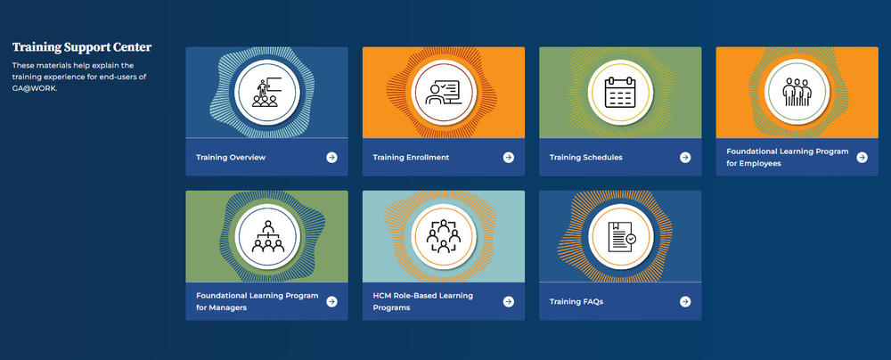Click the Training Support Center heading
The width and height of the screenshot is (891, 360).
[x=82, y=47]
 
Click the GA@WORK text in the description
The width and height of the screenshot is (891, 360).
[x=34, y=87]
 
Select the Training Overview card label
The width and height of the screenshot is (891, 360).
[x=231, y=158]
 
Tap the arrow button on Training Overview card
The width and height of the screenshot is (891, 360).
[x=331, y=158]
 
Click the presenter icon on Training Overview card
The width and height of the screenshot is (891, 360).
[x=266, y=92]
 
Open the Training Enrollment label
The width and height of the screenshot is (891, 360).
[x=411, y=158]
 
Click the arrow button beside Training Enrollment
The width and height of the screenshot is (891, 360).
[x=508, y=158]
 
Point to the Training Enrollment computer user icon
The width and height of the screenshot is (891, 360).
[x=443, y=92]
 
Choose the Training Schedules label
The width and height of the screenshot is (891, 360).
[x=585, y=158]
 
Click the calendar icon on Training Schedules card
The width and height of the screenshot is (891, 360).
[x=619, y=92]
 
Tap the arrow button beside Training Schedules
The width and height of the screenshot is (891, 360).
[x=685, y=158]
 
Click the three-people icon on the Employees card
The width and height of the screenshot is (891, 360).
[x=796, y=92]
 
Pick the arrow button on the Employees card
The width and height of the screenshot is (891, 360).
[x=862, y=158]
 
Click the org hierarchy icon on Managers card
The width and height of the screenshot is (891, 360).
[x=266, y=235]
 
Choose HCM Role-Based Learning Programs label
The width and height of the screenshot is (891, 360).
[x=422, y=301]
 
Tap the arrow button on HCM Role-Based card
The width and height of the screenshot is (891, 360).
[x=508, y=301]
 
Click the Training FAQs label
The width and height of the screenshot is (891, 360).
[x=576, y=301]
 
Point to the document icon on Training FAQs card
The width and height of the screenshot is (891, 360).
[x=619, y=235]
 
